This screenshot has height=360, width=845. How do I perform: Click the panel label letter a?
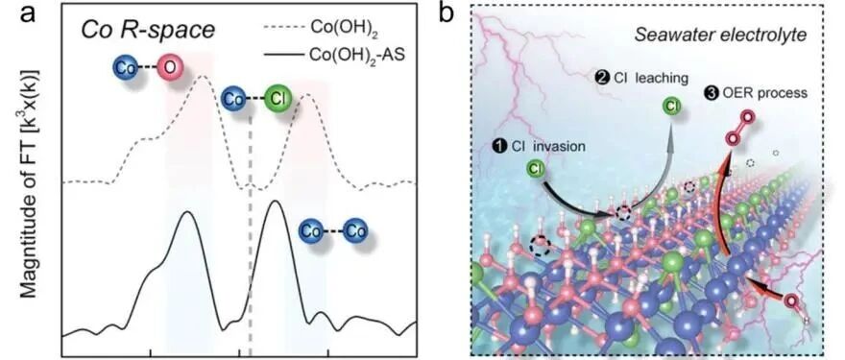[30, 13]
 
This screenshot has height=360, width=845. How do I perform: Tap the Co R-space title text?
[148, 31]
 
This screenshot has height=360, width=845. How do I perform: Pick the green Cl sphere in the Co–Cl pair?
[278, 100]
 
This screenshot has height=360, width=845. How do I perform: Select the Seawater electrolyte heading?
[720, 36]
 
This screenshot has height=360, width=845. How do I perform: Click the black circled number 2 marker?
[601, 78]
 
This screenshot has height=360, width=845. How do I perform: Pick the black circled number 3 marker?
[710, 93]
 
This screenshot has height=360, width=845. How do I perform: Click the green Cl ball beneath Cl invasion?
[537, 170]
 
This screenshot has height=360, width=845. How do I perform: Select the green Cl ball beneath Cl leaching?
[671, 106]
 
